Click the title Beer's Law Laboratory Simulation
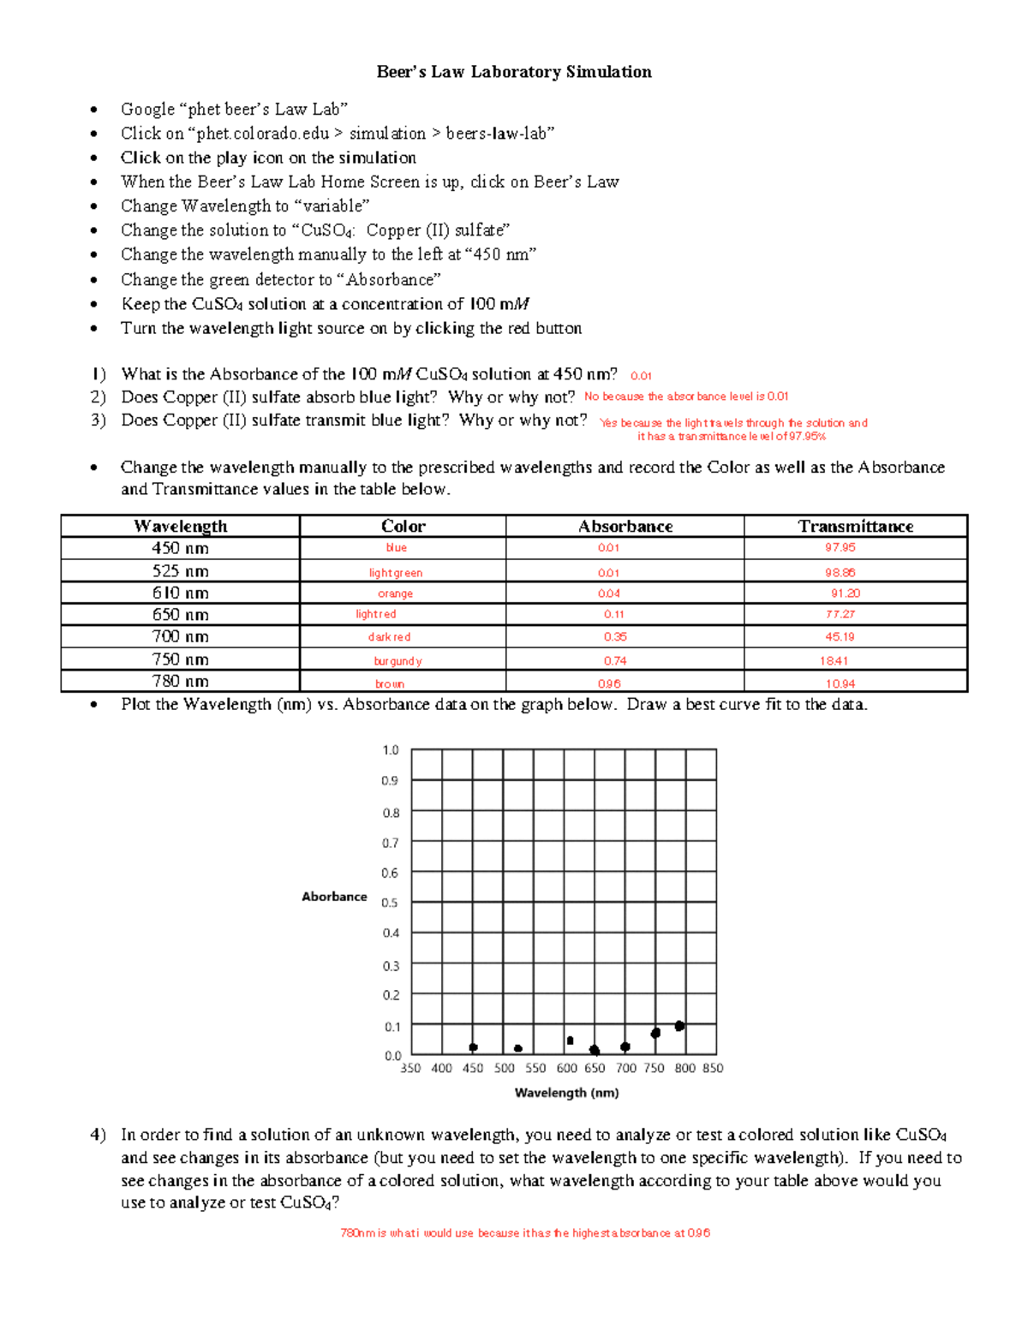[514, 72]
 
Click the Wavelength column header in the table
[180, 526]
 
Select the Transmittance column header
[855, 526]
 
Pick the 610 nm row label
[180, 593]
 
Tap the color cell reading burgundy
[397, 660]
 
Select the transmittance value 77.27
[840, 614]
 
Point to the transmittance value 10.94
[840, 683]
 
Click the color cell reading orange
[395, 593]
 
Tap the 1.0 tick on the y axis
[390, 750]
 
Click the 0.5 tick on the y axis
[390, 903]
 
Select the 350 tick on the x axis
[410, 1068]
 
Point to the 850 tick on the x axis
[713, 1068]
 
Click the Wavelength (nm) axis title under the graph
[566, 1093]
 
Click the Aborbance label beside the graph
[334, 897]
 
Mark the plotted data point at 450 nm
[473, 1047]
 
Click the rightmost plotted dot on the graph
[679, 1026]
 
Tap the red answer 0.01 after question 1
[641, 376]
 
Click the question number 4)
[98, 1135]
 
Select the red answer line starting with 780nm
[525, 1233]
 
